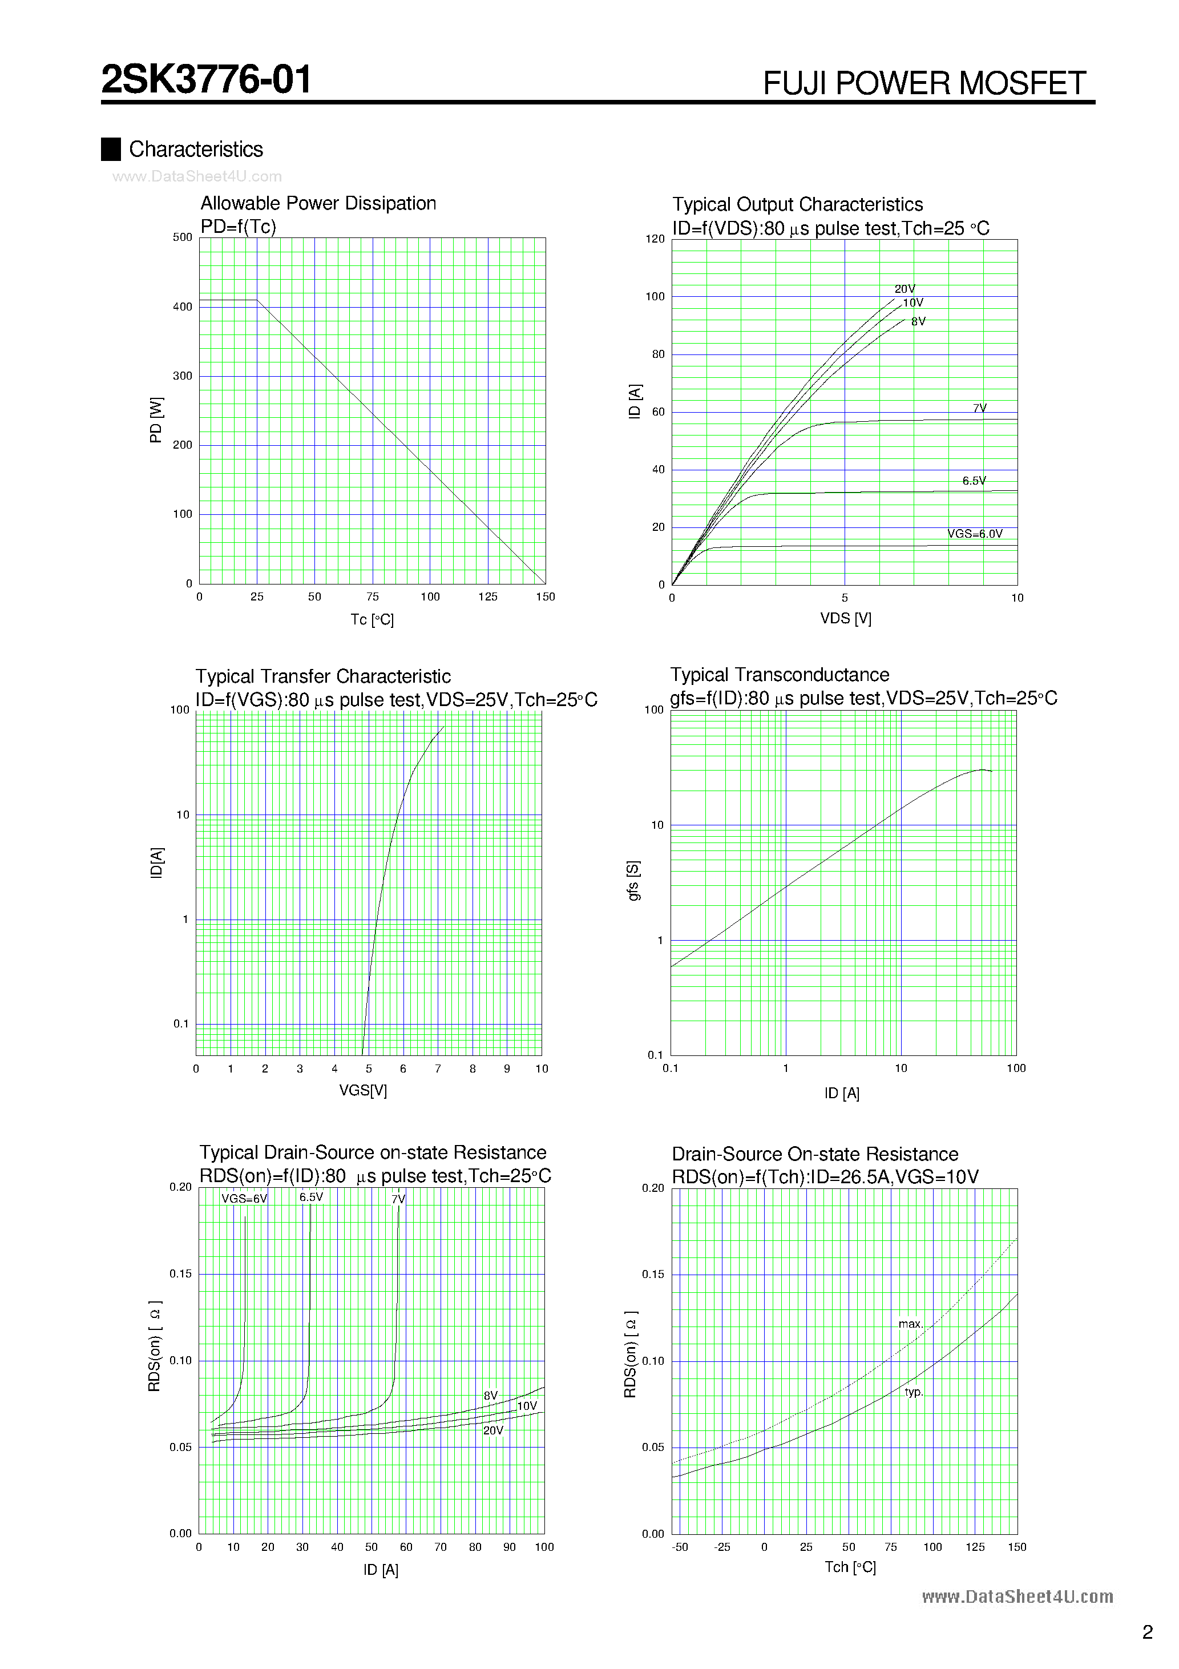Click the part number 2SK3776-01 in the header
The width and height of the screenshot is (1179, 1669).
(x=207, y=79)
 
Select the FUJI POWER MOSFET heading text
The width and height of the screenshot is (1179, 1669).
(x=924, y=83)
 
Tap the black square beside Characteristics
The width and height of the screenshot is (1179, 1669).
(x=111, y=149)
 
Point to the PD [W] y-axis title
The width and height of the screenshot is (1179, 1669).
(x=156, y=420)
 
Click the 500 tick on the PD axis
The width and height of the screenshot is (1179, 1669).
(x=183, y=237)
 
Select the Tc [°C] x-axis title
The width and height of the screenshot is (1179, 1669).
(x=372, y=619)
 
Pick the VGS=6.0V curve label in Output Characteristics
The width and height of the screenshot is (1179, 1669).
(x=975, y=534)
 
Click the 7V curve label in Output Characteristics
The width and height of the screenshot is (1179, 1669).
(x=980, y=408)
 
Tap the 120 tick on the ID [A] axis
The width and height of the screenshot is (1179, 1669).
(x=655, y=239)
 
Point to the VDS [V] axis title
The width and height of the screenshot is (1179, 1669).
(x=845, y=619)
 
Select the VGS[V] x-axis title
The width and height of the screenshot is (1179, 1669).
(x=363, y=1090)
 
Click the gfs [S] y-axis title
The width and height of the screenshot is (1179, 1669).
(x=634, y=881)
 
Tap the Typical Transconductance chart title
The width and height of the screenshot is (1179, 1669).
(x=779, y=675)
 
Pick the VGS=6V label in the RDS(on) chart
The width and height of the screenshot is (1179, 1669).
(x=244, y=1199)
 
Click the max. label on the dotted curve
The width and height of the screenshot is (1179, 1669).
(x=910, y=1324)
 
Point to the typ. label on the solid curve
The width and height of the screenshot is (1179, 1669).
(x=914, y=1392)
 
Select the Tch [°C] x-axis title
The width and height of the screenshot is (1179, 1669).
(x=850, y=1567)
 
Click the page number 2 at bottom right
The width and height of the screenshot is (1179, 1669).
(x=1147, y=1632)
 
